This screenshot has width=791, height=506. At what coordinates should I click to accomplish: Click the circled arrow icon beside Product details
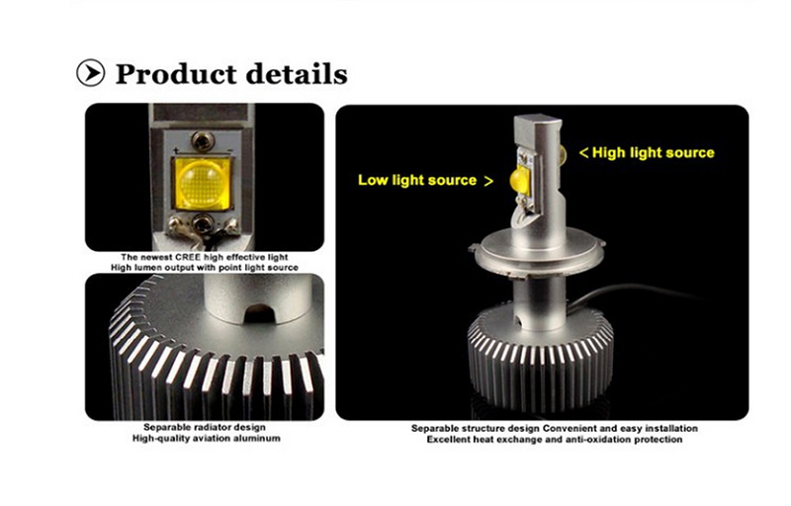[91, 72]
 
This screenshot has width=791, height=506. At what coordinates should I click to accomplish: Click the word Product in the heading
[176, 73]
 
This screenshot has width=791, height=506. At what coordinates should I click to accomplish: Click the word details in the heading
[298, 73]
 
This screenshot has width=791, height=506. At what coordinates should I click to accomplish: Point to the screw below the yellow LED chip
[203, 223]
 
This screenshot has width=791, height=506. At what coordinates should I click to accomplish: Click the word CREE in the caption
[188, 257]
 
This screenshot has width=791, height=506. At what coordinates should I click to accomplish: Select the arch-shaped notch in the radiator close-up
[259, 313]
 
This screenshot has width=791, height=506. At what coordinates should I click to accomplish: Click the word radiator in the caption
[209, 427]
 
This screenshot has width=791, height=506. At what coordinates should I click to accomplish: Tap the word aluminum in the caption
[257, 439]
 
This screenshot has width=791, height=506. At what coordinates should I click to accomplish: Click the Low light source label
[417, 180]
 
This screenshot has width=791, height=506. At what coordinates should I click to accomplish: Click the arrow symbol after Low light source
[488, 181]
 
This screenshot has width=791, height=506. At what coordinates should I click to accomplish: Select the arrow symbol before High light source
[584, 153]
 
